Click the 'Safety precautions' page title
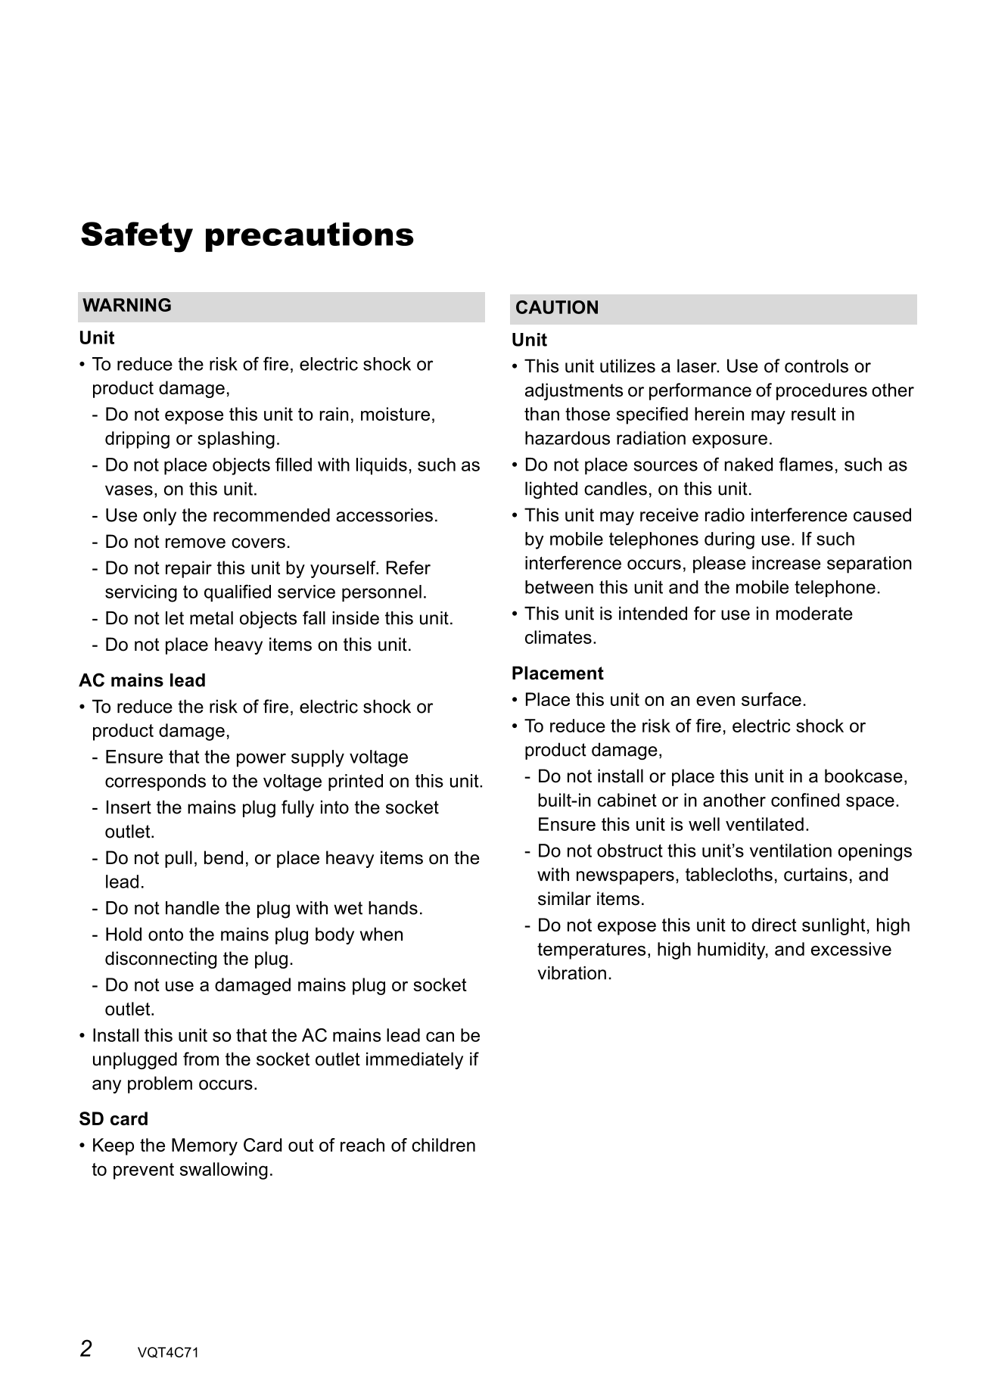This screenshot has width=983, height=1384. [247, 235]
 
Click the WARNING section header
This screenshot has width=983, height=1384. [127, 306]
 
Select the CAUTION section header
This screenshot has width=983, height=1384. [556, 308]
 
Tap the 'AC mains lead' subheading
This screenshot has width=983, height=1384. [142, 680]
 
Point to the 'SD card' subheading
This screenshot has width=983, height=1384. [114, 1119]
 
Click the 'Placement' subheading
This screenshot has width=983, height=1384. [557, 673]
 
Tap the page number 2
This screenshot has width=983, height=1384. [86, 1348]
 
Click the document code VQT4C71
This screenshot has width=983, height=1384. [168, 1353]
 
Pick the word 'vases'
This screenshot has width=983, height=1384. [126, 490]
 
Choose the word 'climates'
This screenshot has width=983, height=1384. [559, 639]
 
